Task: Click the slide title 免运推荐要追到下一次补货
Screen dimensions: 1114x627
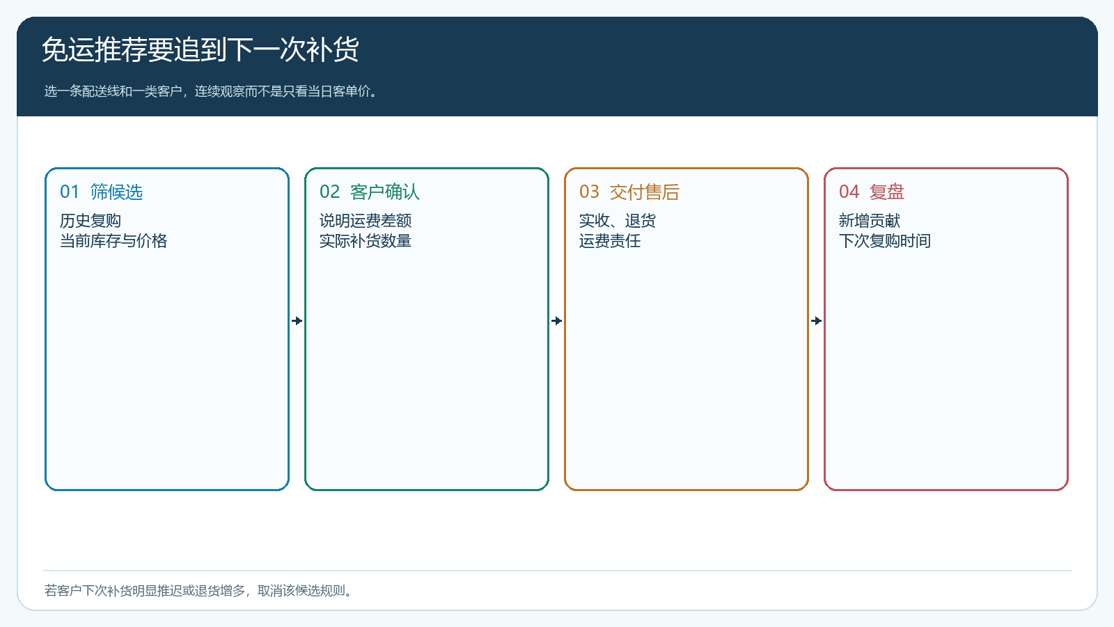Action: pyautogui.click(x=200, y=49)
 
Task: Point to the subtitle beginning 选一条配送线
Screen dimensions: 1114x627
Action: pyautogui.click(x=212, y=91)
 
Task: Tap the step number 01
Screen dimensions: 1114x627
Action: pyautogui.click(x=69, y=192)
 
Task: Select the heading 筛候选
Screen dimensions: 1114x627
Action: pyautogui.click(x=116, y=192)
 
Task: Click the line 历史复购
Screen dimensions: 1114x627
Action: pyautogui.click(x=90, y=220)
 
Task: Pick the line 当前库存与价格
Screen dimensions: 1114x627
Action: pyautogui.click(x=113, y=241)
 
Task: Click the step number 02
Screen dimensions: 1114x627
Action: pyautogui.click(x=329, y=192)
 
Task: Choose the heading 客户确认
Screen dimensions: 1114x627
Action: pyautogui.click(x=384, y=192)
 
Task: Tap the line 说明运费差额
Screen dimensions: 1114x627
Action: pyautogui.click(x=365, y=220)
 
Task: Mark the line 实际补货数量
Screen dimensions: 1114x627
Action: pyautogui.click(x=365, y=241)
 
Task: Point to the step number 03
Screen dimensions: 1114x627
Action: pyautogui.click(x=589, y=192)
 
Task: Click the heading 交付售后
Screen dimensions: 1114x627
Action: pyautogui.click(x=644, y=192)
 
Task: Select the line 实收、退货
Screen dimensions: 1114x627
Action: pyautogui.click(x=617, y=220)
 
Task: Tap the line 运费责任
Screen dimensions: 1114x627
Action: pyautogui.click(x=610, y=241)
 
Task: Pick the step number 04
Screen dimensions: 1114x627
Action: pyautogui.click(x=849, y=192)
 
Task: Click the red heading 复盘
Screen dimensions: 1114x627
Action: pyautogui.click(x=887, y=192)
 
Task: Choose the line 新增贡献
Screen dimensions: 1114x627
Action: pyautogui.click(x=870, y=220)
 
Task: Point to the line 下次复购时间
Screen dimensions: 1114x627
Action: pyautogui.click(x=885, y=241)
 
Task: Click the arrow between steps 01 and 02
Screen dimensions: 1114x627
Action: pyautogui.click(x=297, y=321)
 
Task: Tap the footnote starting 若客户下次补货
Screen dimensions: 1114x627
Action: pyautogui.click(x=199, y=591)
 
